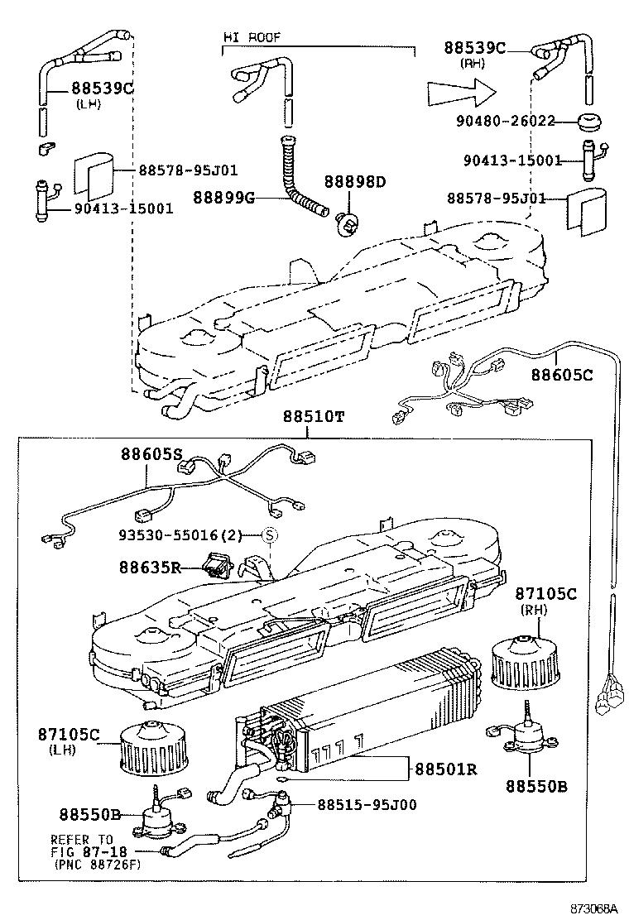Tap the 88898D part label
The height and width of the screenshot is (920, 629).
[355, 181]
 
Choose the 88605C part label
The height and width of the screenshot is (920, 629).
[563, 374]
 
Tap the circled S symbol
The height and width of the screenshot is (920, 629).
[269, 535]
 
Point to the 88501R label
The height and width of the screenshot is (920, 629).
[444, 769]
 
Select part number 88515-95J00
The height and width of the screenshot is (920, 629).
[367, 804]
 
